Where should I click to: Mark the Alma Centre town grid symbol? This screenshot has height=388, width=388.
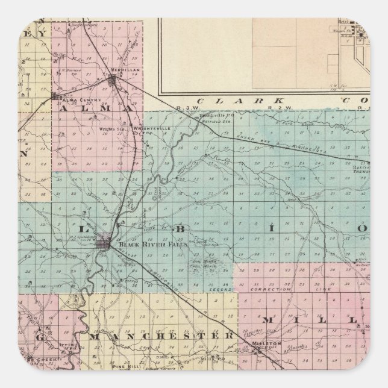click(x=55, y=96)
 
